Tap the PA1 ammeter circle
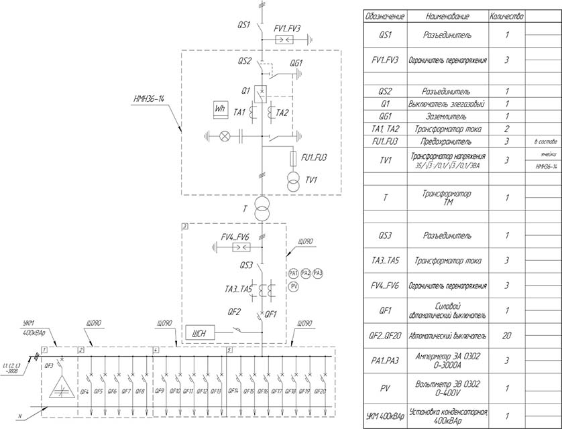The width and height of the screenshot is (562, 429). click(294, 273)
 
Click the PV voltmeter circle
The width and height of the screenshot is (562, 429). click(294, 287)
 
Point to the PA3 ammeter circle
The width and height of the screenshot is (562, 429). click(318, 273)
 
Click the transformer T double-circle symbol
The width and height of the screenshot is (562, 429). click(261, 208)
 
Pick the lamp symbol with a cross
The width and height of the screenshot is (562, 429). click(225, 137)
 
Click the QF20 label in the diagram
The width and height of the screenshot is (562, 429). click(320, 391)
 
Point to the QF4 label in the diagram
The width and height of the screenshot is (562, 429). click(85, 391)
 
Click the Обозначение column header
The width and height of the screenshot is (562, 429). click(380, 15)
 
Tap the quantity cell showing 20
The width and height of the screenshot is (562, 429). click(506, 335)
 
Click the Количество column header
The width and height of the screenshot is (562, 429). click(506, 15)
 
